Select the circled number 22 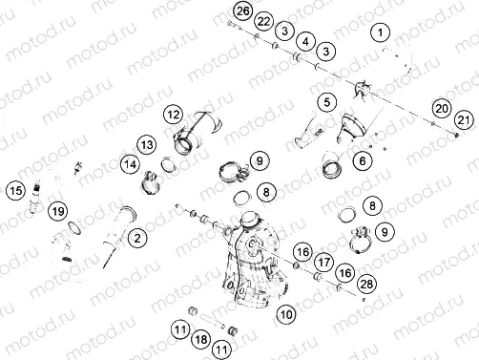(263, 21)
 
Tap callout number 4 (305, 42)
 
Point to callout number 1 (382, 34)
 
